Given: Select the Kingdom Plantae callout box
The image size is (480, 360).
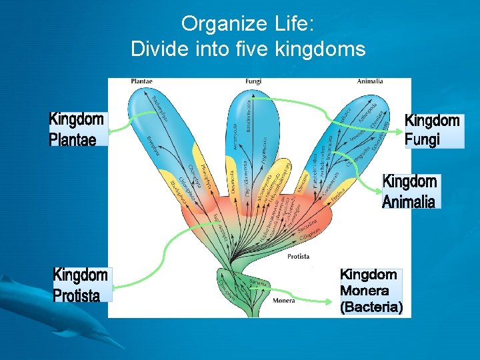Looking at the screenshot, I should click(x=77, y=129).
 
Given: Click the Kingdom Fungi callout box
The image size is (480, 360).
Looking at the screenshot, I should click(x=433, y=130).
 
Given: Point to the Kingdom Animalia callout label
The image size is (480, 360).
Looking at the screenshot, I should click(x=409, y=191).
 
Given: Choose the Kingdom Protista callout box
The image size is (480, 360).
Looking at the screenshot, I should click(x=81, y=285).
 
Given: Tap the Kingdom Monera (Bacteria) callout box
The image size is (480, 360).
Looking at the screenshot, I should click(x=370, y=291).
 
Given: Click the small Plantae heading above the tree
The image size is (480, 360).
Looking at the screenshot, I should click(x=141, y=81).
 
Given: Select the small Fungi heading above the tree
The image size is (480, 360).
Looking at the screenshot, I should click(x=253, y=81).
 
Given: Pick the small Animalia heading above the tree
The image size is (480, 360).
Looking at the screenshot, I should click(x=370, y=81).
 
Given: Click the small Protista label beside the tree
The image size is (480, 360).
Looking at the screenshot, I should click(x=298, y=257).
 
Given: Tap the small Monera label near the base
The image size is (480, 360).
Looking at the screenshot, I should click(x=283, y=301).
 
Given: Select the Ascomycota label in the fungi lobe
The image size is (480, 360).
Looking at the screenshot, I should click(x=234, y=137).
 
